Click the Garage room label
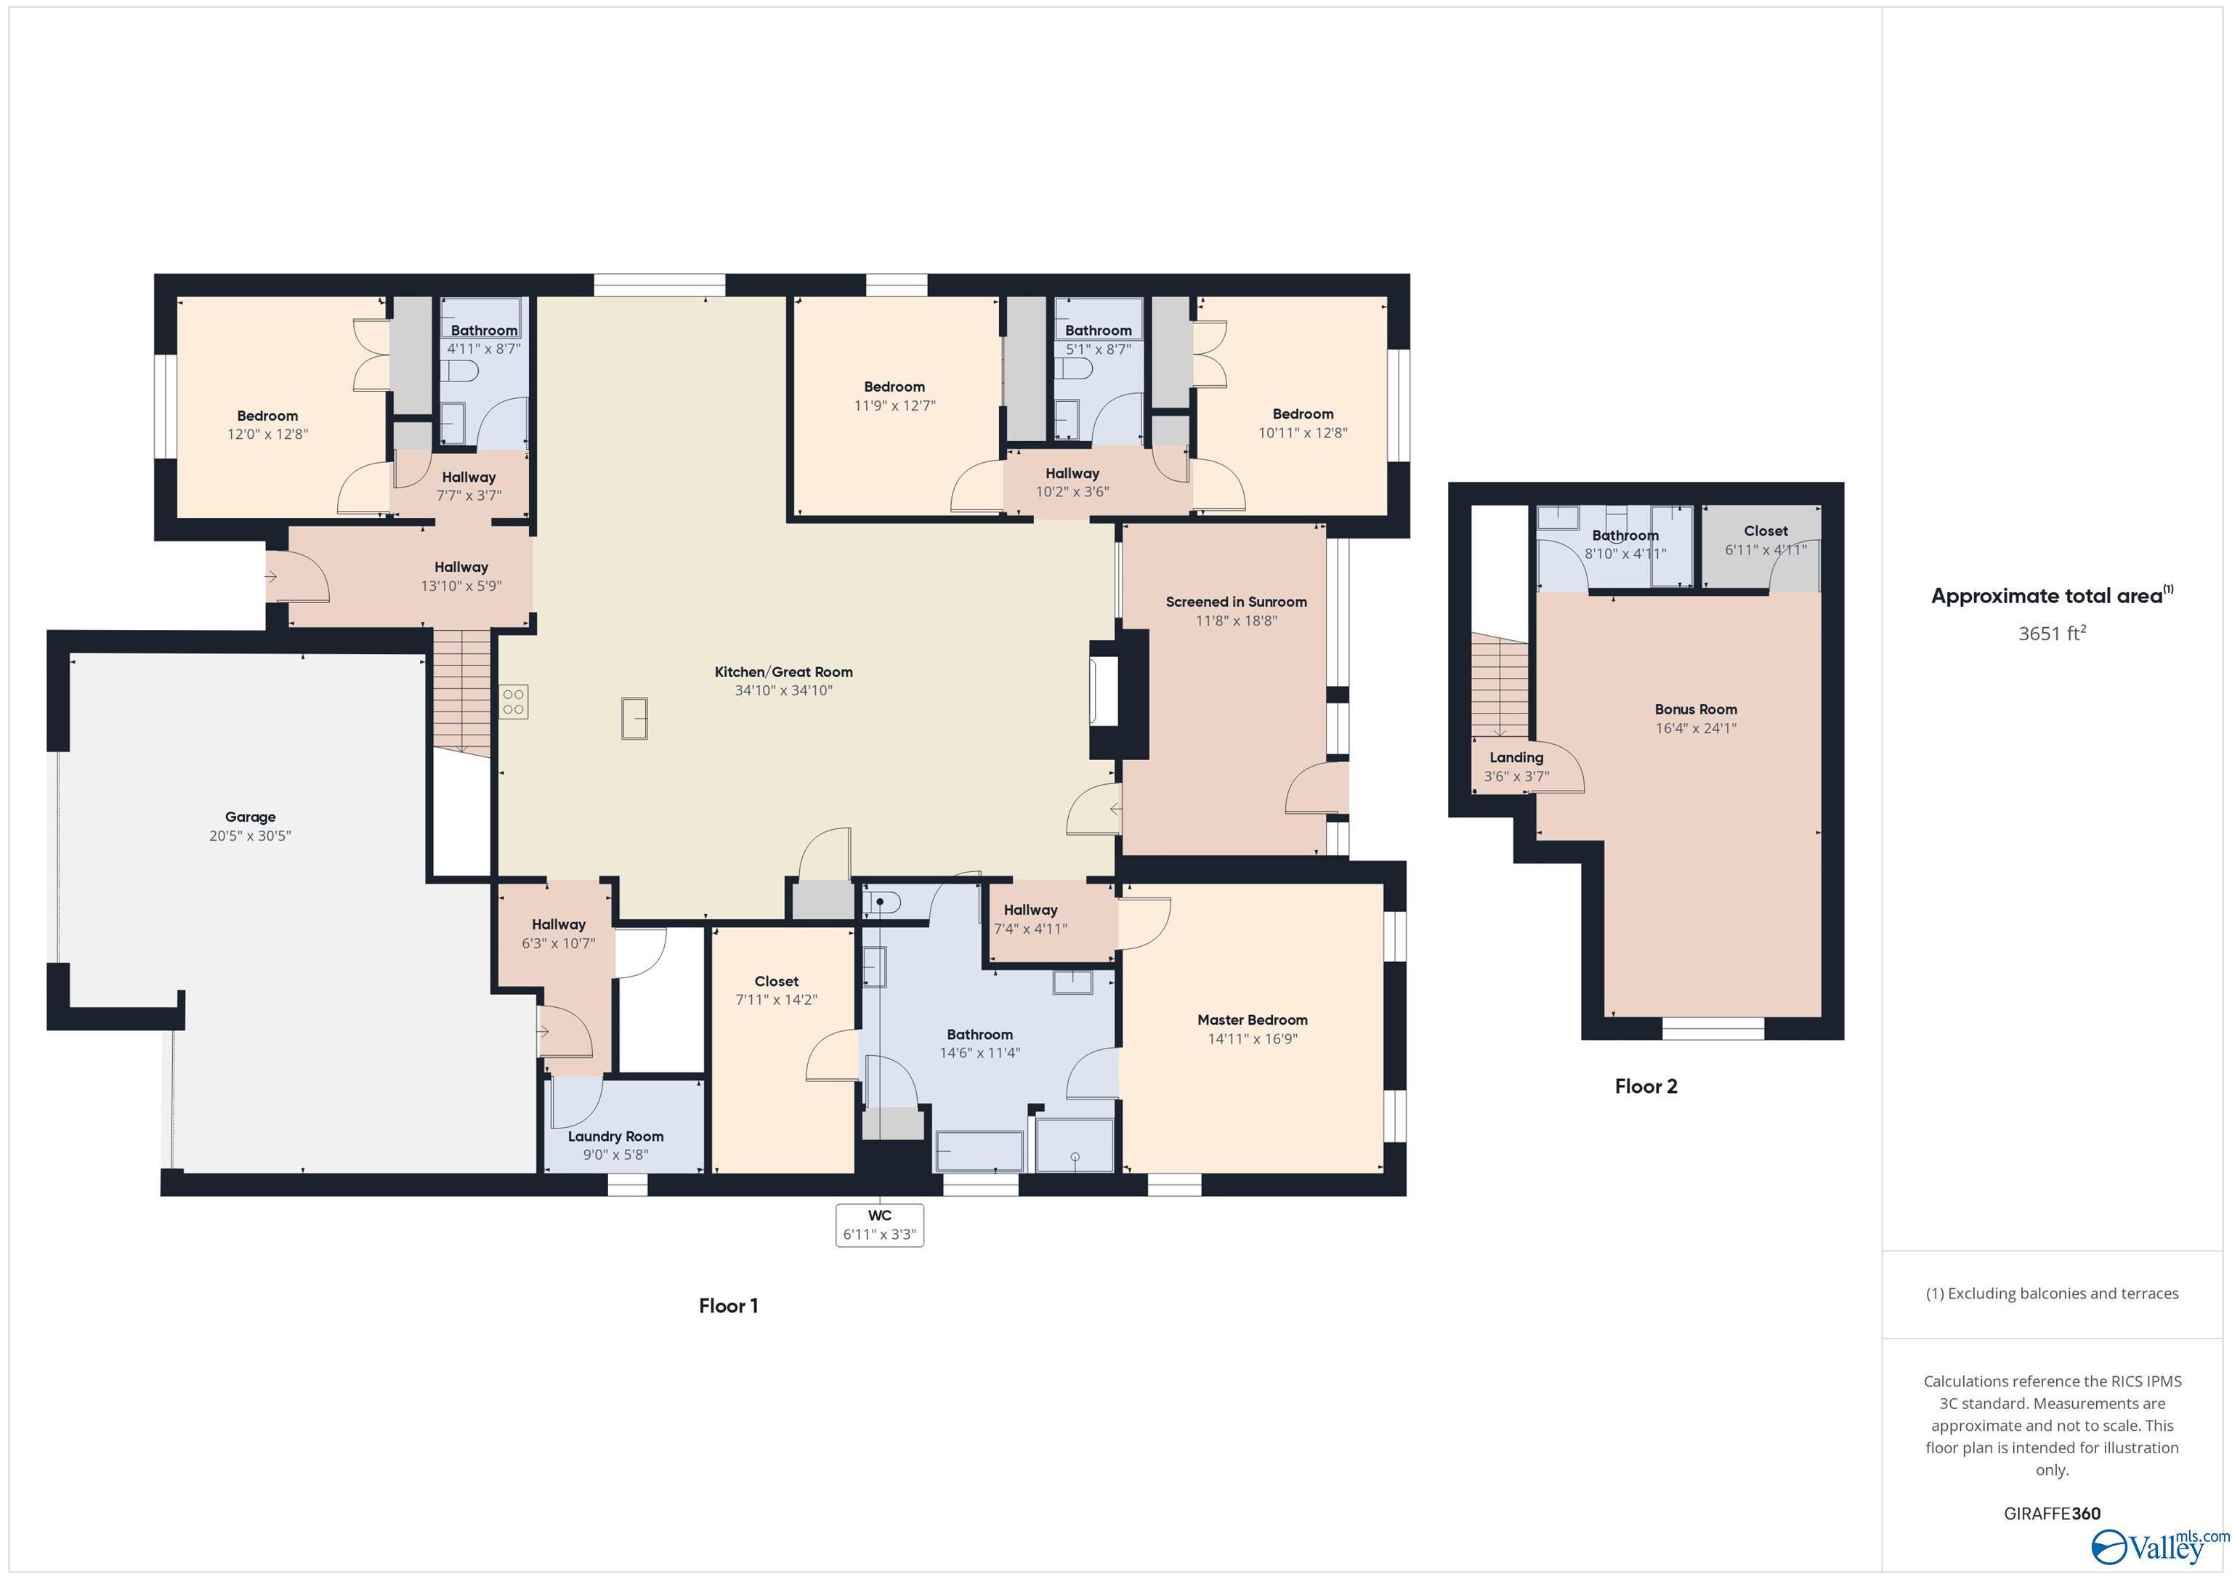pyautogui.click(x=250, y=817)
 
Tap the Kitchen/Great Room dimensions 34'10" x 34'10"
pyautogui.click(x=783, y=690)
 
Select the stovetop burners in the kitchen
pyautogui.click(x=513, y=702)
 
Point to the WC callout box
pyautogui.click(x=879, y=1225)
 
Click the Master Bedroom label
pyautogui.click(x=1252, y=1020)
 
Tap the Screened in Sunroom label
pyautogui.click(x=1236, y=602)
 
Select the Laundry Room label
pyautogui.click(x=615, y=1136)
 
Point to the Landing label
pyautogui.click(x=1516, y=757)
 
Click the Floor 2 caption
pyautogui.click(x=1646, y=1086)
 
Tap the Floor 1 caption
pyautogui.click(x=728, y=1306)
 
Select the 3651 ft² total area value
pyautogui.click(x=2051, y=634)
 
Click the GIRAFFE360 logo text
pyautogui.click(x=2051, y=1514)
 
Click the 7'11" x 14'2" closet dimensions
pyautogui.click(x=777, y=1000)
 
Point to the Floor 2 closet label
pyautogui.click(x=1766, y=531)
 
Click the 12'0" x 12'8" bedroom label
pyautogui.click(x=267, y=435)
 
